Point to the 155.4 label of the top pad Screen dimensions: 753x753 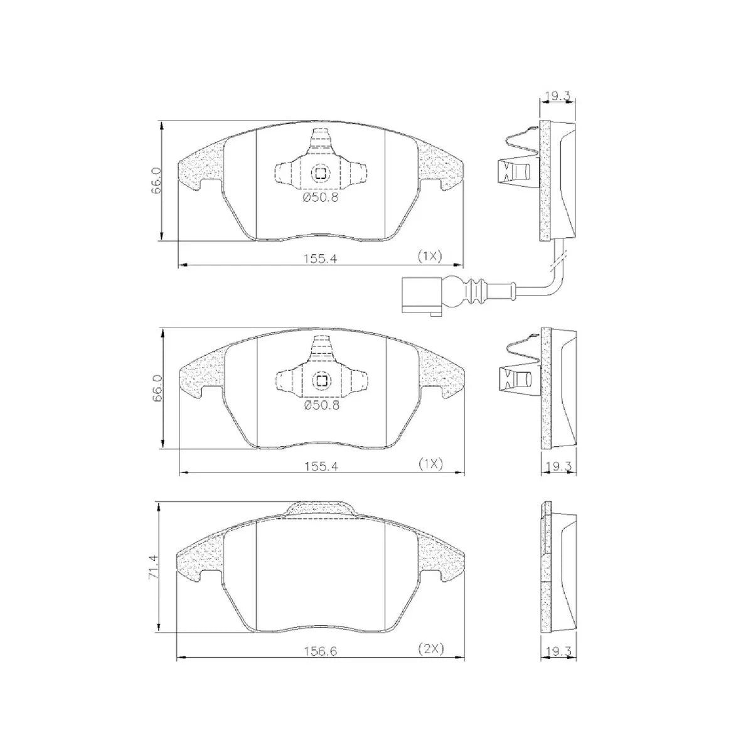point(321,257)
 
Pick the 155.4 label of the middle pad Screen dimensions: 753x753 point(321,465)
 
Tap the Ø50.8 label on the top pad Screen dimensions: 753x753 point(321,198)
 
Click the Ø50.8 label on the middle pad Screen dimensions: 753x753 point(321,405)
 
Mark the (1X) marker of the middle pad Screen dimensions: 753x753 point(430,464)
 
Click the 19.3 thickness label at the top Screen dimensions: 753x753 point(557,96)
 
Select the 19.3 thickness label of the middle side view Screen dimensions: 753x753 point(557,465)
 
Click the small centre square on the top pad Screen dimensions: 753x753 point(321,174)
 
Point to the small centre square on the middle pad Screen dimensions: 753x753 point(321,381)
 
